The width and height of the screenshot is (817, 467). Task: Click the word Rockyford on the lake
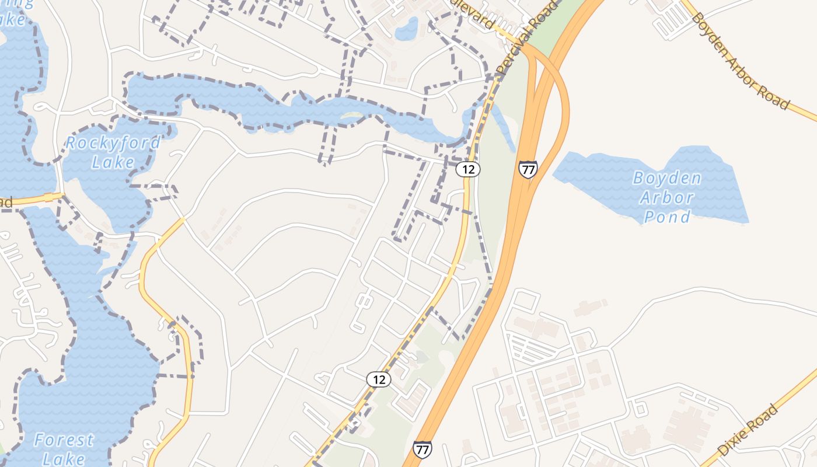[x=113, y=142]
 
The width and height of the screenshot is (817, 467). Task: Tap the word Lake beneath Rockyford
[x=113, y=162]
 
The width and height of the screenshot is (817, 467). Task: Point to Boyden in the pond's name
[x=666, y=178]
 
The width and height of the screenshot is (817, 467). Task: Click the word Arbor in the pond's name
[x=666, y=197]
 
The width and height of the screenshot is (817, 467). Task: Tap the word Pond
[x=666, y=217]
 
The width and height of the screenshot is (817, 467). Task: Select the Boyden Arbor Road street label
[x=739, y=58]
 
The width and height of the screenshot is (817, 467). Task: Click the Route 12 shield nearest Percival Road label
[x=467, y=169]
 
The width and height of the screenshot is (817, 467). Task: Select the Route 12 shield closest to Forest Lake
[x=379, y=379]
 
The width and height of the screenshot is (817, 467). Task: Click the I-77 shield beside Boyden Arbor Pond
[x=528, y=169]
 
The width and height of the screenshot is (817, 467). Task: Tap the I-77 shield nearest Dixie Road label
[x=423, y=449]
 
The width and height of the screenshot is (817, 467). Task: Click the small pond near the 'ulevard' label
[x=407, y=29]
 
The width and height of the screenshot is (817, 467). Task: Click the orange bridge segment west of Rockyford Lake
[x=53, y=197]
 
